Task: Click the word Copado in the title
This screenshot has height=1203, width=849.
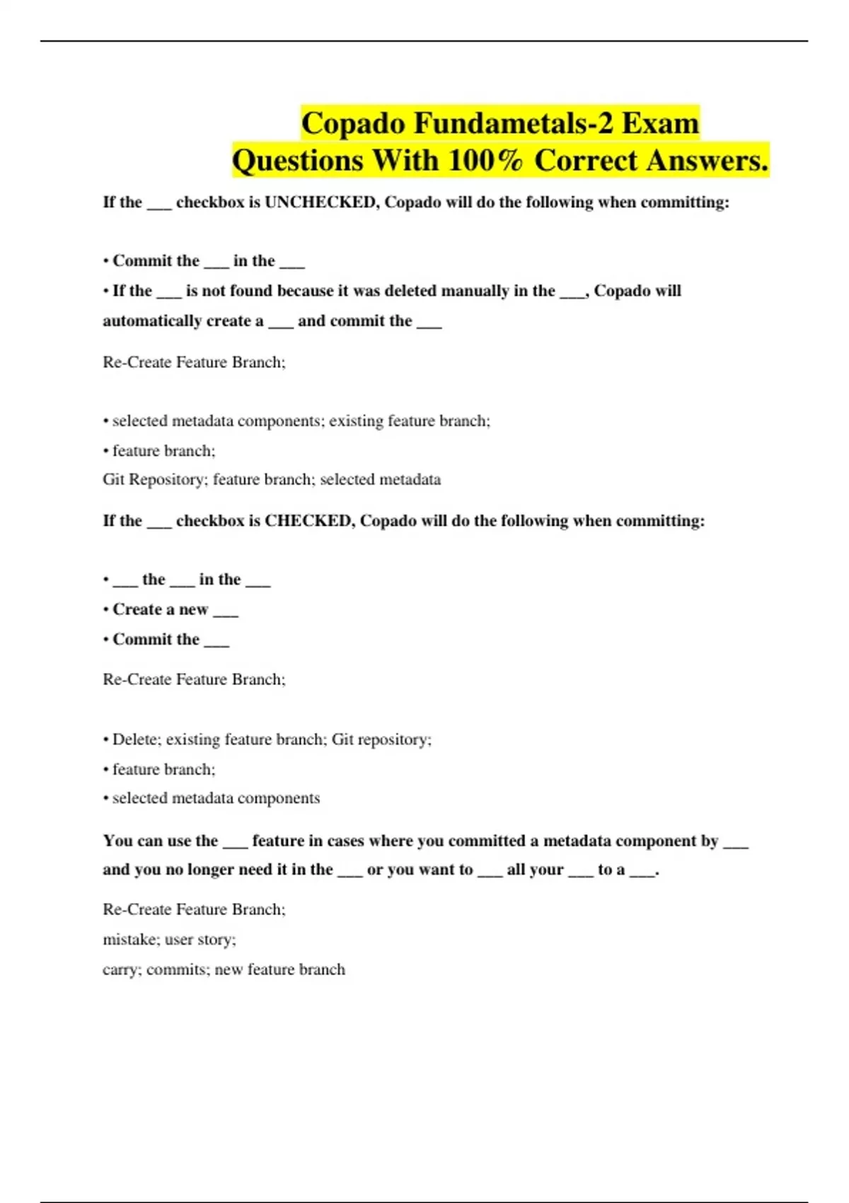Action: coord(354,123)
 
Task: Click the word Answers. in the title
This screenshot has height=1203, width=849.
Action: coord(707,160)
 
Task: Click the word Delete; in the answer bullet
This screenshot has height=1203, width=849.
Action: coord(137,739)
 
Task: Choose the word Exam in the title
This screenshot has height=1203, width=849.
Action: coord(660,123)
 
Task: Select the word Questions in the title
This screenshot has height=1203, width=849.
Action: coord(298,160)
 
